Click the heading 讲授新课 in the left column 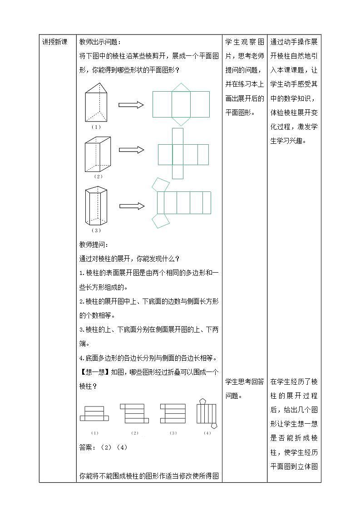(x=55, y=42)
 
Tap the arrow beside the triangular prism (x=131, y=105)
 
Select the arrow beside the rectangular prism (x=132, y=150)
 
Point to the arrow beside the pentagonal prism (x=132, y=206)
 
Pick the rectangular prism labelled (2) (x=98, y=154)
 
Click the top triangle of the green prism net (x=181, y=87)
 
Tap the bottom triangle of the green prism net (x=181, y=121)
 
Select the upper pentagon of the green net (x=160, y=184)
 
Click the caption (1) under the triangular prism (x=96, y=127)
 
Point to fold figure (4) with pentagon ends (x=207, y=413)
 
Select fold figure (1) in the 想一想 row (x=94, y=413)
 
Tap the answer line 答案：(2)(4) (x=103, y=447)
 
